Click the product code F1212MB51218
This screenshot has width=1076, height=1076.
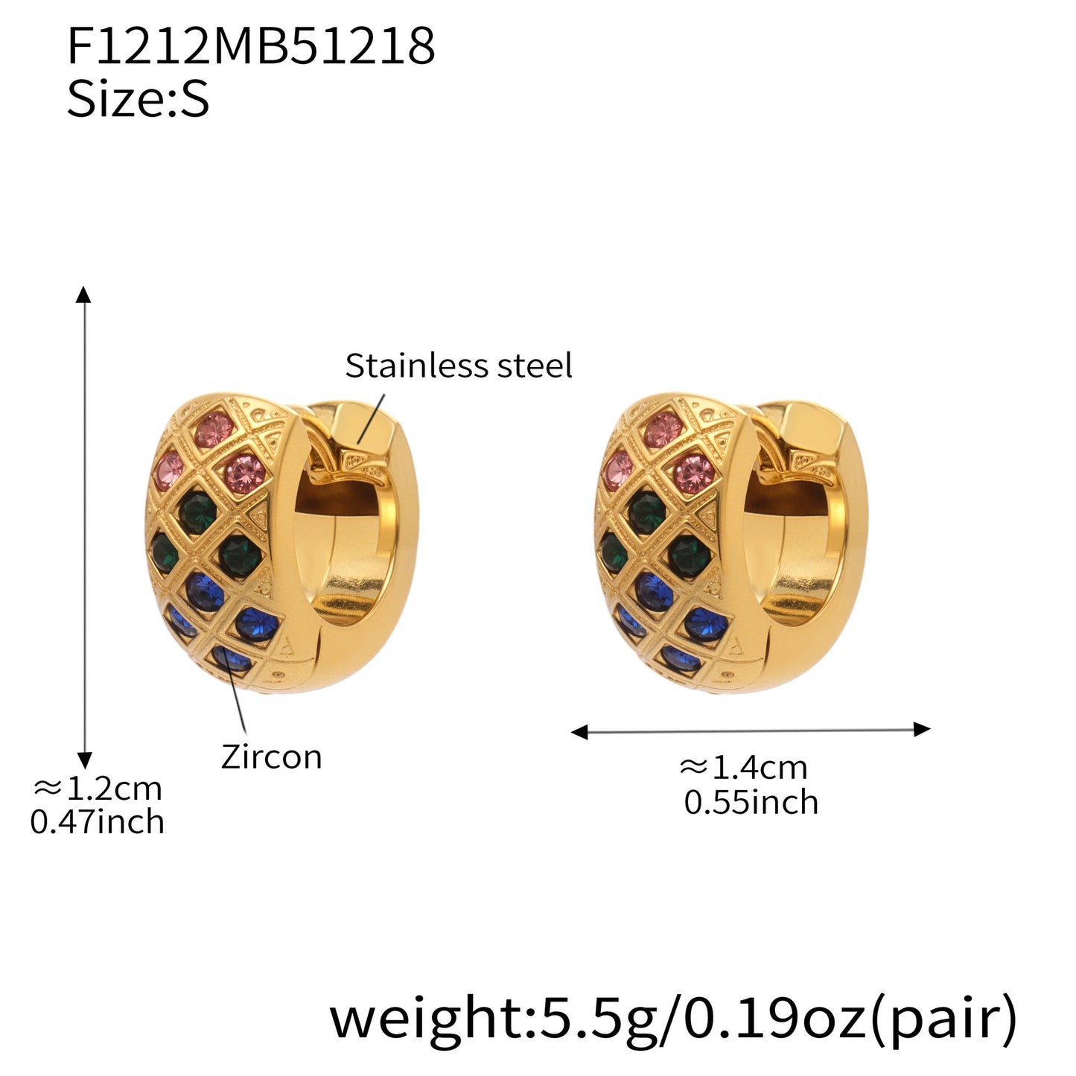pos(251,46)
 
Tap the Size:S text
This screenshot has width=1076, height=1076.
pos(138,99)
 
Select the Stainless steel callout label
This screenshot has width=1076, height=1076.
pos(458,366)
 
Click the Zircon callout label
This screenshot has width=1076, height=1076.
pos(271,757)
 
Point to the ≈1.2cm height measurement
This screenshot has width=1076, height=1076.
pos(97,788)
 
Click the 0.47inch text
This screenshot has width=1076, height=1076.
pos(97,822)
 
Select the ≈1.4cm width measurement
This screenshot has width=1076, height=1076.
pos(743,767)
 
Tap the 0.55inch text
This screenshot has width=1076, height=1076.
pos(751,802)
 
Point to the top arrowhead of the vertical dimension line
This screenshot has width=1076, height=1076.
pos(84,293)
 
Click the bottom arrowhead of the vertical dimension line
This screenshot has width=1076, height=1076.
pos(85,760)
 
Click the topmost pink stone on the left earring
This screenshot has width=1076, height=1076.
pos(214,430)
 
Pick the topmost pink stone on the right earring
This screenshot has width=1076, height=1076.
pos(664,430)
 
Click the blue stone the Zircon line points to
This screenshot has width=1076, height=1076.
pos(231,658)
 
